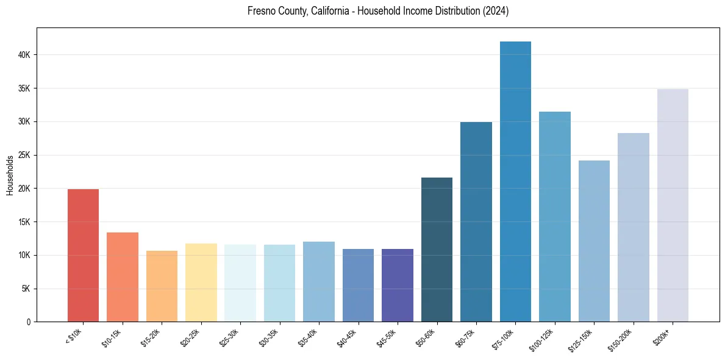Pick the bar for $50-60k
coord(437,250)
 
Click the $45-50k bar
coord(398,285)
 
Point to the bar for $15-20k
coord(162,286)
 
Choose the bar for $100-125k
coord(555,217)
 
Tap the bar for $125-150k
coord(594,241)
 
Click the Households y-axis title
coord(10,175)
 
